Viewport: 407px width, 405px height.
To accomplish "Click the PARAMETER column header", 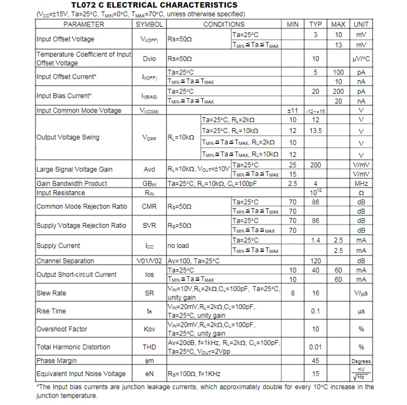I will (x=84, y=24).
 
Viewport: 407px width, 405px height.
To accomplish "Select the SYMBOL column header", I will (x=149, y=24).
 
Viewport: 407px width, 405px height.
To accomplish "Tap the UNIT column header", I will (x=361, y=24).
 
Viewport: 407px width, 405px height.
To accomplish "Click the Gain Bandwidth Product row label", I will (x=72, y=183).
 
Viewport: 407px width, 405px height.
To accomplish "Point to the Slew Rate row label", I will (x=51, y=293).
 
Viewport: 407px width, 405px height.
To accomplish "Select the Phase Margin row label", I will (x=57, y=361).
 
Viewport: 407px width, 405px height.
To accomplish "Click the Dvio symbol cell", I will (x=149, y=59).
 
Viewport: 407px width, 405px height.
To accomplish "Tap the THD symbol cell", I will (x=149, y=347).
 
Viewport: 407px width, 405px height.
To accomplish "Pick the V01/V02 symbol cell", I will (x=149, y=261).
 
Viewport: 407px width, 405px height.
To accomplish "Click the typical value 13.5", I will (x=316, y=131).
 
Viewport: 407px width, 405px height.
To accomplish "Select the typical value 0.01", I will (x=316, y=347).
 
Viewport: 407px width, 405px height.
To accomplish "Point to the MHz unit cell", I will (x=361, y=183).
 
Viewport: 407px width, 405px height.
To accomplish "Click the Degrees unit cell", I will (x=361, y=361).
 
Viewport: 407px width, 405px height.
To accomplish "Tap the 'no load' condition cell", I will (x=178, y=246).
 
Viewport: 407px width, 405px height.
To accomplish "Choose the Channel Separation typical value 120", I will (x=316, y=261).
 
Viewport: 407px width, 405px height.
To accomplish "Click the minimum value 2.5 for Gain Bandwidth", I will (x=293, y=183).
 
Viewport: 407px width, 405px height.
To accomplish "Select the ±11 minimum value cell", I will (x=293, y=111).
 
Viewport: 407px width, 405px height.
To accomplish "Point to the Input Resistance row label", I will (x=61, y=193).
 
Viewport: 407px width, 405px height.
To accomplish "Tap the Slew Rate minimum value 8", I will (x=293, y=293).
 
